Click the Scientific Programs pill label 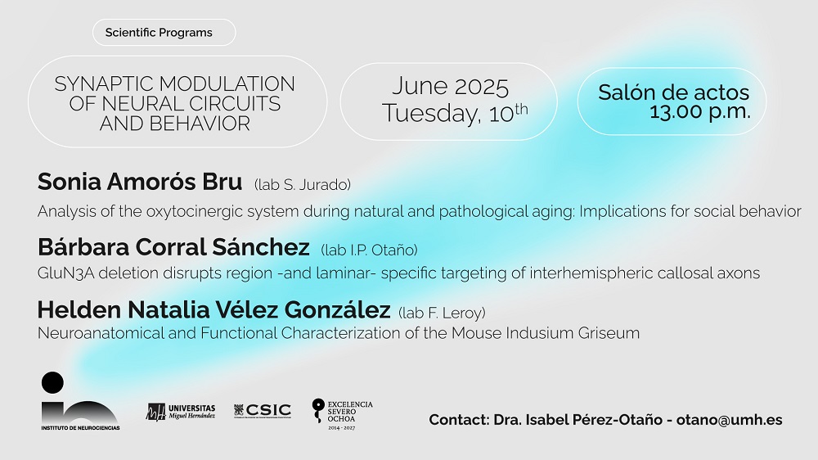pyautogui.click(x=159, y=33)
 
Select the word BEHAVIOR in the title pyautogui.click(x=200, y=124)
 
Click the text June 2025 pyautogui.click(x=450, y=87)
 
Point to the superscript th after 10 pyautogui.click(x=521, y=109)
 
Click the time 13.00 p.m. pyautogui.click(x=699, y=111)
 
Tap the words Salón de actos pyautogui.click(x=673, y=92)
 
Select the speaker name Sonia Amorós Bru pyautogui.click(x=140, y=182)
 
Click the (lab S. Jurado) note pyautogui.click(x=303, y=185)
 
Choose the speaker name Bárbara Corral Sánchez pyautogui.click(x=173, y=247)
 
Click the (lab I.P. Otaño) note pyautogui.click(x=369, y=250)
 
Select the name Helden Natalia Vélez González pyautogui.click(x=213, y=309)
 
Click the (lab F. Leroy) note pyautogui.click(x=442, y=313)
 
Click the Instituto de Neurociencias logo pyautogui.click(x=80, y=402)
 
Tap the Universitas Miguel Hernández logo pyautogui.click(x=181, y=412)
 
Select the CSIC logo pyautogui.click(x=263, y=410)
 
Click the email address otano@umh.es pyautogui.click(x=730, y=420)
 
